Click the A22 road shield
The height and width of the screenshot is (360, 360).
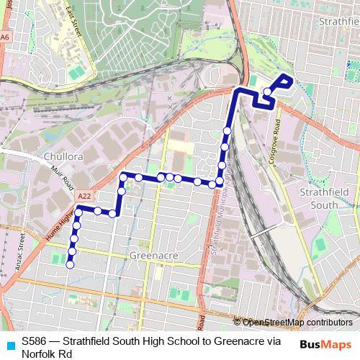[85, 194]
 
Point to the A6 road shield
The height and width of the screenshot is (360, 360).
[6, 36]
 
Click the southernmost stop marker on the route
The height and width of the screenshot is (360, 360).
[70, 265]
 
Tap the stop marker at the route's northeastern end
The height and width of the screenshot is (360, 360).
[267, 91]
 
